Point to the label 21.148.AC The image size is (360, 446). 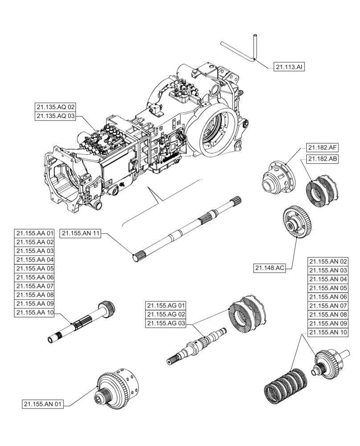[270, 268]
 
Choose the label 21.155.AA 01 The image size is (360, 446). [35, 233]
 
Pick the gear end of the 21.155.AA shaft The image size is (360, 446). [107, 307]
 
